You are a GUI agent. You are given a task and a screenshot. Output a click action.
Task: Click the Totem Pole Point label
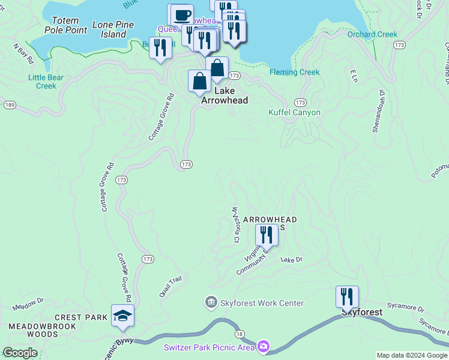coord(65,25)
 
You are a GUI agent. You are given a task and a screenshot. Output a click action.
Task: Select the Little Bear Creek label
coord(42,81)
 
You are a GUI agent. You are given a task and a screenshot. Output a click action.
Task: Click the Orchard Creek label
coord(372,34)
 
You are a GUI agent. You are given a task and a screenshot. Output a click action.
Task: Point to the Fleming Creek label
coord(294,72)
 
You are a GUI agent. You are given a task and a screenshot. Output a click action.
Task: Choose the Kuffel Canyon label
coord(294,112)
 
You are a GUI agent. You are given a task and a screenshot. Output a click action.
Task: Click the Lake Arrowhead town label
coord(224,96)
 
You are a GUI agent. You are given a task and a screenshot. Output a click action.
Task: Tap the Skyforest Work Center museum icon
coord(210,303)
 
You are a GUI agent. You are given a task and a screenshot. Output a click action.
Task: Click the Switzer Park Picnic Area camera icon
coord(263,346)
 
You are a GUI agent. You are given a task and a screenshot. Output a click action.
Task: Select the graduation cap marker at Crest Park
coord(122,316)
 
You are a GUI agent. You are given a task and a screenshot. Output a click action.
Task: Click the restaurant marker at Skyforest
coord(347,296)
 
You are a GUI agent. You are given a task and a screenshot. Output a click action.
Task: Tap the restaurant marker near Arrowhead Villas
coord(267,235)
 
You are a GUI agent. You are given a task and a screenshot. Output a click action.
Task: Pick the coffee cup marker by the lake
coord(182,14)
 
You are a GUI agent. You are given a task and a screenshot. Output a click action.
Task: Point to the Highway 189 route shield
coord(9,104)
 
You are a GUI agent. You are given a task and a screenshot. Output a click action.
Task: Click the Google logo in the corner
coord(20,352)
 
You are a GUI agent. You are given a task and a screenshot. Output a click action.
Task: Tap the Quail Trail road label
coord(170,282)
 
